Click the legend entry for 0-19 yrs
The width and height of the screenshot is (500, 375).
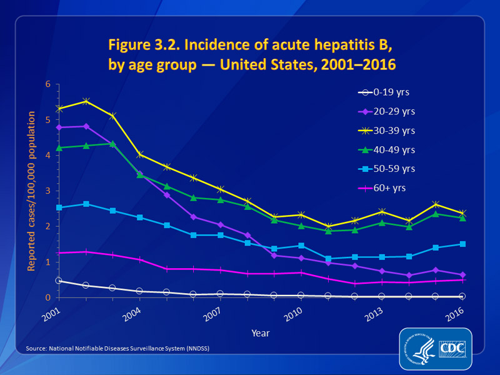pos(391,92)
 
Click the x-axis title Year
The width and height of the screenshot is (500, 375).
pos(261,333)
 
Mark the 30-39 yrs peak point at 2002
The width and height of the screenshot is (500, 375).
pos(86,101)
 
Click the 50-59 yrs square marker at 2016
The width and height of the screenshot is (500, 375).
pos(462,244)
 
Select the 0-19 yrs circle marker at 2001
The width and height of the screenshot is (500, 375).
pos(59,281)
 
